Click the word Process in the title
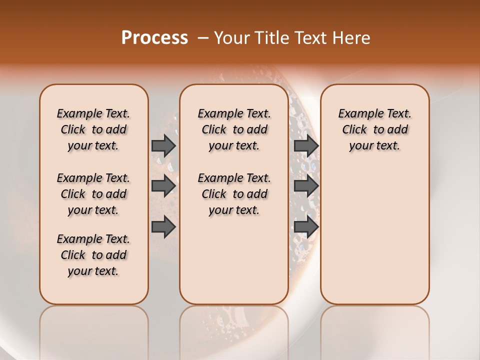click(154, 38)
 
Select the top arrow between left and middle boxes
click(163, 145)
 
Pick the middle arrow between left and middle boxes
click(163, 186)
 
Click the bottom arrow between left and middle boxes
click(163, 226)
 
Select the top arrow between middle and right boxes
click(306, 145)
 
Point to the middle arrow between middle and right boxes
click(306, 186)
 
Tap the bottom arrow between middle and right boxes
click(306, 226)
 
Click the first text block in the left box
click(93, 129)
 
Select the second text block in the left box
click(93, 194)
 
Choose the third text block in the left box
click(93, 255)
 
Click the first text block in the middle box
click(234, 129)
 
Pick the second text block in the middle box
click(234, 194)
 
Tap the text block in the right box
click(375, 129)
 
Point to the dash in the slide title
click(203, 38)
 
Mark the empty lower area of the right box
click(375, 235)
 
